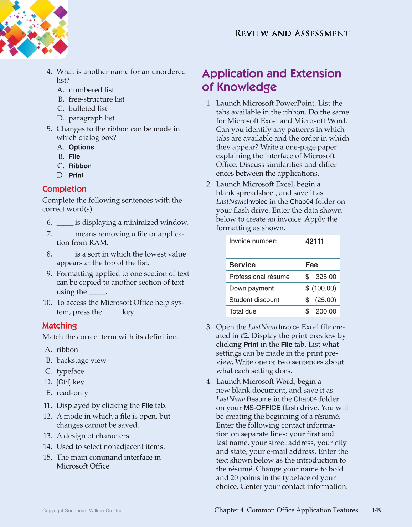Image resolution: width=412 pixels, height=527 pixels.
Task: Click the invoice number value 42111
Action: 315,241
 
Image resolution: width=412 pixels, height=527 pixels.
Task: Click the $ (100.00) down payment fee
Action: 321,288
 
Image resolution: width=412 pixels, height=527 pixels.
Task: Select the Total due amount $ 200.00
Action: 321,311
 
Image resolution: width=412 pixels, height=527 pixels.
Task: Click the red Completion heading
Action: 65,189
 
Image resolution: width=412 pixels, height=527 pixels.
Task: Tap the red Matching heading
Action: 60,326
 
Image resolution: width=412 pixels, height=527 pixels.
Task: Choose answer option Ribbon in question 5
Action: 80,166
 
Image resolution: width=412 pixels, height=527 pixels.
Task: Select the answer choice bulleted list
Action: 88,109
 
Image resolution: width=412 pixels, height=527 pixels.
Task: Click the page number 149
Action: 376,510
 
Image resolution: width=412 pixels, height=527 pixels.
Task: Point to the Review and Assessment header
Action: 292,33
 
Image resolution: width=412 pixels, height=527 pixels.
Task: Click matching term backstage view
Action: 81,361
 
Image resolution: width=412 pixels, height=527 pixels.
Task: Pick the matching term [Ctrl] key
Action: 70,382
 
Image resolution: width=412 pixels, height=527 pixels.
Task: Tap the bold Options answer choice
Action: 81,147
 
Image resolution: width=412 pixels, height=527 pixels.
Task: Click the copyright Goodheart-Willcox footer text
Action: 83,511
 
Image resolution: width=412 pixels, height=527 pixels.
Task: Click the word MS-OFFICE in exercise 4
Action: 262,408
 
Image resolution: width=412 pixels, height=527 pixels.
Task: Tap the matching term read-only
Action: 72,393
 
